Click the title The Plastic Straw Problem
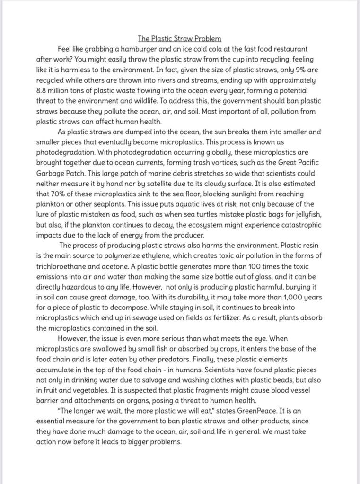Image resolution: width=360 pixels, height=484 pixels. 180,38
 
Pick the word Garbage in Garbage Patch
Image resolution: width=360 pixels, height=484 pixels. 50,173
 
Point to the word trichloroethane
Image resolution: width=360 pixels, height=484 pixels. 64,266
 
